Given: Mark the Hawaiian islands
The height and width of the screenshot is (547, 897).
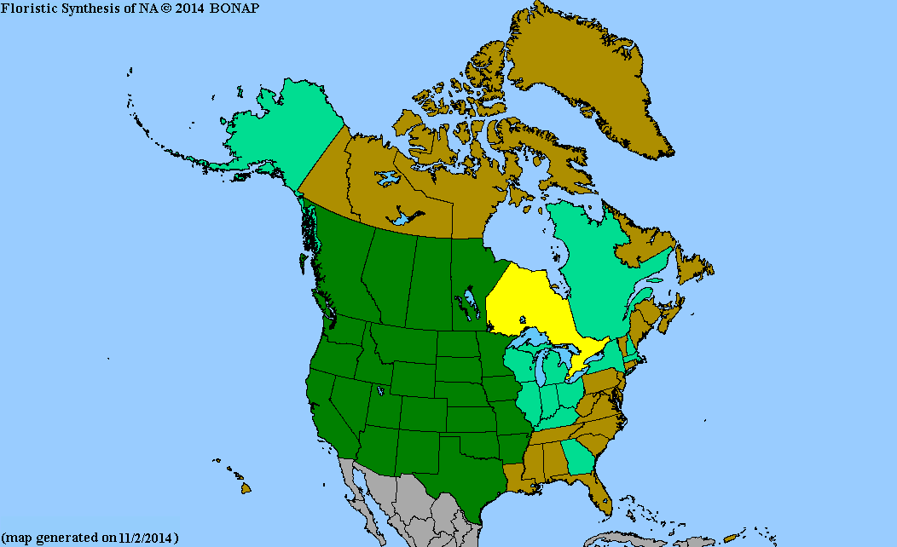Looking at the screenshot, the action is click(x=245, y=488).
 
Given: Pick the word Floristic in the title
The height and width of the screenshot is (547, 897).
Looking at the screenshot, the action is click(x=25, y=8).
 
